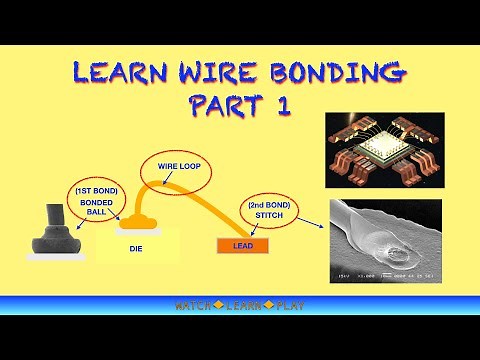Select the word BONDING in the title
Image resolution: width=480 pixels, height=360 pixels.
pos(334,74)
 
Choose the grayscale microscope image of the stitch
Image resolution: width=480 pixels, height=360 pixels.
pos(386,241)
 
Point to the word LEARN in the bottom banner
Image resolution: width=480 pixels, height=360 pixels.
pos(240,305)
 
